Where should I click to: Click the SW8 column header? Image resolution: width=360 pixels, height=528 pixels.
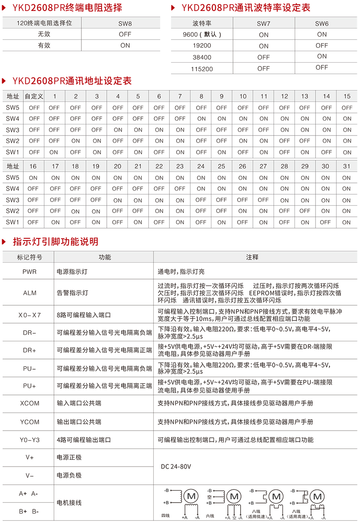(125, 23)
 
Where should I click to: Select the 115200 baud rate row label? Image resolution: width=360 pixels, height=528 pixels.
(202, 69)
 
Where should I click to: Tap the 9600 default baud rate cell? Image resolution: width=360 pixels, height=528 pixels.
(202, 35)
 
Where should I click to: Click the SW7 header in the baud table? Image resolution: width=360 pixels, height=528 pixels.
(263, 24)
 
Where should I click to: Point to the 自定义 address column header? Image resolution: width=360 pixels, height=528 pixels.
(34, 96)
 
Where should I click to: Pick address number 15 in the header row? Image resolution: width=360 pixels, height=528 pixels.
(347, 96)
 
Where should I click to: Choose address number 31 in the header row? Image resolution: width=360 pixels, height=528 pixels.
(346, 166)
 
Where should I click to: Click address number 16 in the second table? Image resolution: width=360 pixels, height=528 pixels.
(33, 166)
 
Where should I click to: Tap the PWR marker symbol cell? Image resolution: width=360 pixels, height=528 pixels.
(29, 271)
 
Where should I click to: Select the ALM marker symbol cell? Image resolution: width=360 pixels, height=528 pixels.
(29, 293)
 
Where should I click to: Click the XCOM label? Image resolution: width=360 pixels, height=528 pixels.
(29, 403)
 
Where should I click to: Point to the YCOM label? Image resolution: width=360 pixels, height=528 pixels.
(29, 422)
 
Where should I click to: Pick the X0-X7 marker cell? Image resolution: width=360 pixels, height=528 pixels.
(29, 315)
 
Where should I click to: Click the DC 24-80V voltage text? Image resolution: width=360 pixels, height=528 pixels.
(176, 467)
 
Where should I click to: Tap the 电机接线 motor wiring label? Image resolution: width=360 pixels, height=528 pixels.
(69, 503)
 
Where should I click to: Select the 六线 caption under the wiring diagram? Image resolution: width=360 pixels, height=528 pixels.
(210, 516)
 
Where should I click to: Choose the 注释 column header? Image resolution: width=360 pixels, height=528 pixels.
(252, 257)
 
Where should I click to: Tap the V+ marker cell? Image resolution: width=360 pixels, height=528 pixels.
(29, 457)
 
